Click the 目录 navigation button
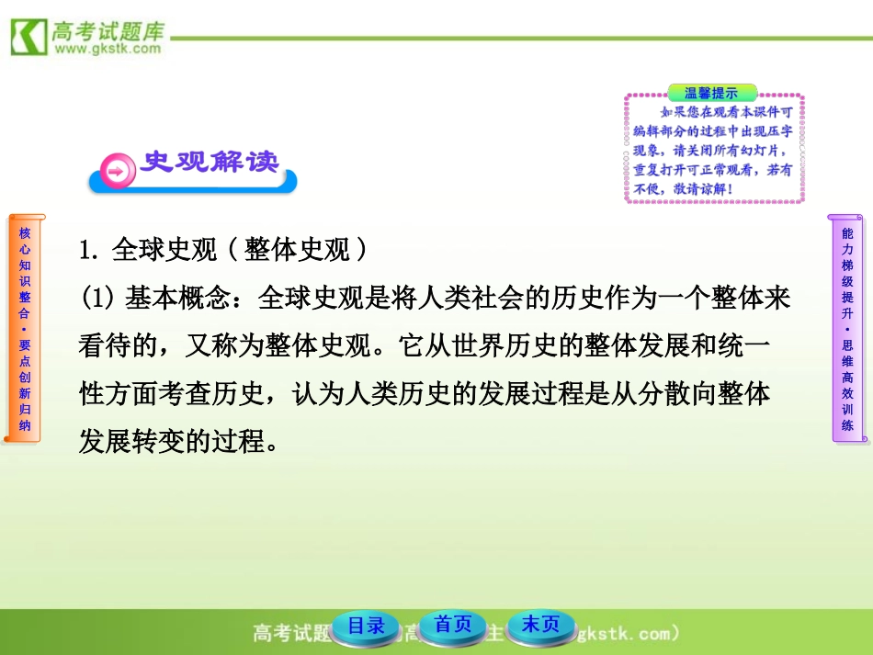[x=366, y=627]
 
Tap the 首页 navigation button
[x=453, y=625]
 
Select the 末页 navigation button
[x=540, y=625]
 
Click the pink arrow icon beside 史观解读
[x=117, y=171]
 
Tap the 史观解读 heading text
[x=209, y=162]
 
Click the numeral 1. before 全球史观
[x=89, y=250]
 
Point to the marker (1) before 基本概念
[x=96, y=299]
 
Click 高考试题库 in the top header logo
[x=108, y=29]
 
